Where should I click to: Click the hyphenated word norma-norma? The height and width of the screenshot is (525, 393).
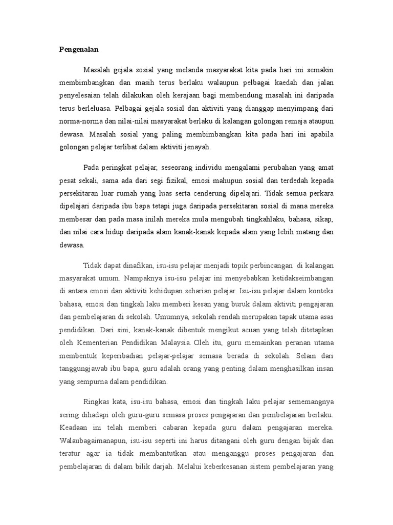click(78, 121)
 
